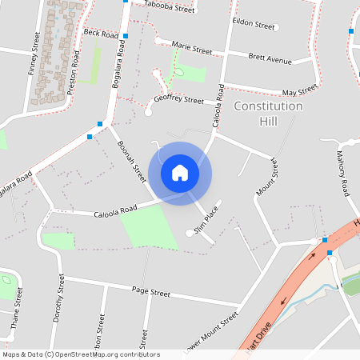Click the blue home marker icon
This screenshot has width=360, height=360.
[x=180, y=173]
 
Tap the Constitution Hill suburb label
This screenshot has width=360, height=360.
[x=268, y=114]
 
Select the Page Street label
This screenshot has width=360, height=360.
[x=151, y=293]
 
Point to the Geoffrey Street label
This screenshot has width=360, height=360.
[x=178, y=100]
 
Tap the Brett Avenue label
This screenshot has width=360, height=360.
[x=270, y=59]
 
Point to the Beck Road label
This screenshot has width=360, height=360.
[x=100, y=35]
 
